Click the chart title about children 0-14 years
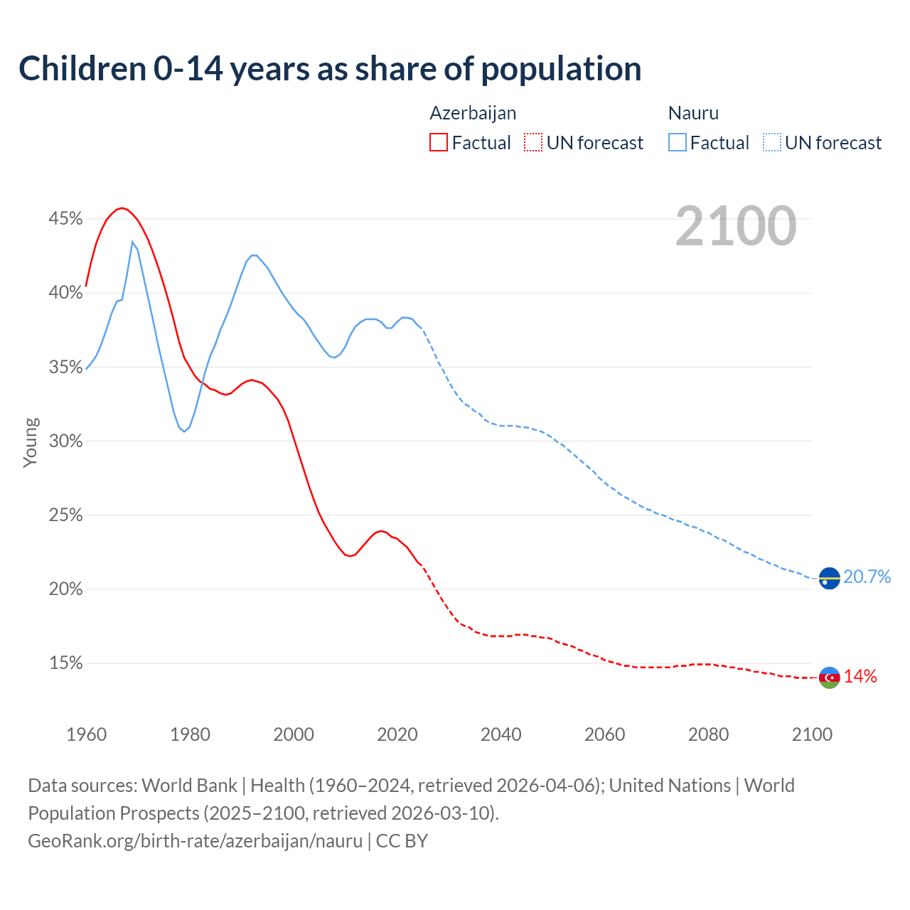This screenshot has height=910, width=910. (x=330, y=69)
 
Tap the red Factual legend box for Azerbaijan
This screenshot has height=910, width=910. (x=439, y=143)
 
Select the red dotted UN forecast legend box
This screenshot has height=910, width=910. (x=533, y=143)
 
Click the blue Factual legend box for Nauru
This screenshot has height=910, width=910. (x=678, y=143)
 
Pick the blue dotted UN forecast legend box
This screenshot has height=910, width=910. (x=772, y=143)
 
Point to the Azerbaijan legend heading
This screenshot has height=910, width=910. (x=473, y=113)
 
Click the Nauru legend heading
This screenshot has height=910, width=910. (x=693, y=113)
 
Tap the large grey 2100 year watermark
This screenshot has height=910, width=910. (x=736, y=226)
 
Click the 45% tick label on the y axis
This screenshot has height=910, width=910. (x=65, y=219)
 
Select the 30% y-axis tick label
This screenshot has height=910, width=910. (x=65, y=441)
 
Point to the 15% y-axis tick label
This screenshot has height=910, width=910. (x=65, y=663)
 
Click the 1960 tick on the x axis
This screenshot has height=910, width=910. (x=86, y=734)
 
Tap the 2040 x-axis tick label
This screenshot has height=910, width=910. (x=500, y=734)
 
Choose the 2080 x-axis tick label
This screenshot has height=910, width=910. (x=708, y=734)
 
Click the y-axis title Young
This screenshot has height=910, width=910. (x=31, y=442)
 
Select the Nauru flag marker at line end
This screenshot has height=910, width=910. (x=829, y=579)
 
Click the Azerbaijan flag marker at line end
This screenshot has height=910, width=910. (x=829, y=678)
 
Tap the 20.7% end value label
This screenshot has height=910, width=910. (x=867, y=577)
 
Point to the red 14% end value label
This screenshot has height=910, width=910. (x=860, y=677)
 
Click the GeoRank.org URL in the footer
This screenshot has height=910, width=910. (x=196, y=841)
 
